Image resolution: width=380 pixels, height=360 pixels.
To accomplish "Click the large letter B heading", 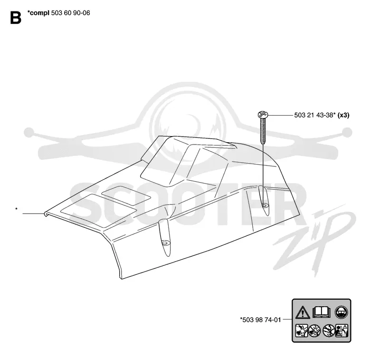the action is point(16,18).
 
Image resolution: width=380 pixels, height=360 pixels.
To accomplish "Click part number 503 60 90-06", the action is point(70,13).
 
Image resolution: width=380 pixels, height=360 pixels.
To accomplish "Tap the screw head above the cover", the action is point(263,115).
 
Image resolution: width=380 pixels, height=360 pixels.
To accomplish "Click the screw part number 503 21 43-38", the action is point(313,115).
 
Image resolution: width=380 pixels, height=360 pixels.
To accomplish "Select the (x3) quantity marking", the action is point(343,115).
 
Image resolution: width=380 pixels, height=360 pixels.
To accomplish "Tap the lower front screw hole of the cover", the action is point(165,243).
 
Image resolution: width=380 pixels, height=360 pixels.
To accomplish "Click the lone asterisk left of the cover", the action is point(16,209).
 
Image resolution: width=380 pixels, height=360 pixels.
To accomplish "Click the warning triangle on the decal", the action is point(303,312).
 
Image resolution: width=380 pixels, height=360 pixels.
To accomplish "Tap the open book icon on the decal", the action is point(322,312).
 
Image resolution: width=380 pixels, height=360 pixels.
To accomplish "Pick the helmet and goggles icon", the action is point(341,312).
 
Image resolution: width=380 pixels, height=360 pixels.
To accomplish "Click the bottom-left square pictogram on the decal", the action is point(302,331).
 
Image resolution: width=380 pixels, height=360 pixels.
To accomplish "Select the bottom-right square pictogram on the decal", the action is point(342,331).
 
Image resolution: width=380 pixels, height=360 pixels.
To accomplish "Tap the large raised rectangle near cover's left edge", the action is point(98,211).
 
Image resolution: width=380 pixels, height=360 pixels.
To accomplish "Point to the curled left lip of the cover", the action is point(46,214).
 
